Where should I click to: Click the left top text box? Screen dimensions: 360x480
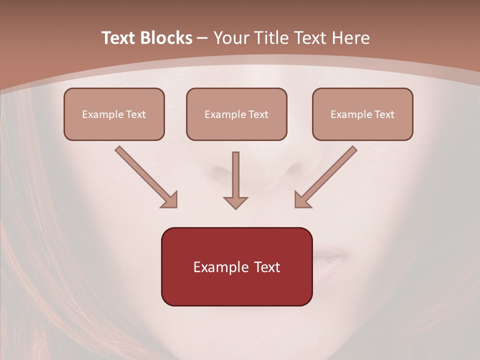(114, 114)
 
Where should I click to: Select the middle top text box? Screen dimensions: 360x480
(236, 114)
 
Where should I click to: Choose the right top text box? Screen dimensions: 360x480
(362, 114)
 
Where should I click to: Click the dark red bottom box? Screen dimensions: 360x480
(236, 266)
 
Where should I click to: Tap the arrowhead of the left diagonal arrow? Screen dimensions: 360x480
(170, 200)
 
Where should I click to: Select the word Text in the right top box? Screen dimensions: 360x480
(384, 114)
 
